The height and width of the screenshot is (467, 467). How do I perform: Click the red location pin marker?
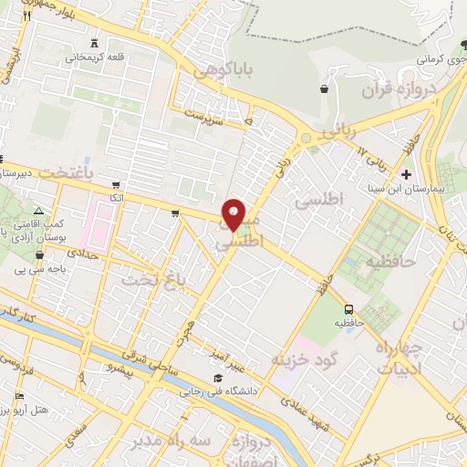pyautogui.click(x=233, y=213)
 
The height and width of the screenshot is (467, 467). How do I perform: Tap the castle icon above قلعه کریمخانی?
pyautogui.click(x=94, y=42)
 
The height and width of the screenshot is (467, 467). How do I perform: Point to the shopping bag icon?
pyautogui.click(x=324, y=88)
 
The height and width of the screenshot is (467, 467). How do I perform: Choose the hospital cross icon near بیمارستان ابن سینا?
pyautogui.click(x=407, y=173)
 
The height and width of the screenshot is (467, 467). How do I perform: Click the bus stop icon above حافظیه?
pyautogui.click(x=348, y=308)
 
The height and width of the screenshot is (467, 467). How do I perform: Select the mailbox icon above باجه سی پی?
pyautogui.click(x=39, y=255)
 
